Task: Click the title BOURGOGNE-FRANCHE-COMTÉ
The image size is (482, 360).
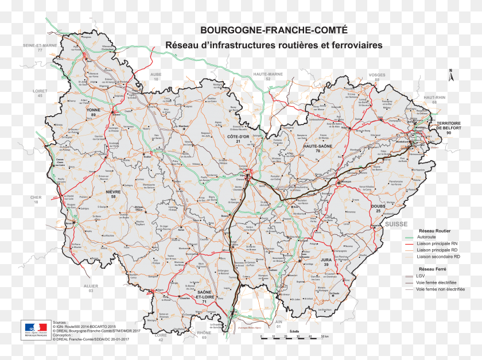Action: coord(274,29)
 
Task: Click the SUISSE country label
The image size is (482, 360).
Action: coord(395,223)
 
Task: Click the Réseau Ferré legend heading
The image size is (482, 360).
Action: coord(435,268)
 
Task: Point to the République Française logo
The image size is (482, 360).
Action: coord(34,330)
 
